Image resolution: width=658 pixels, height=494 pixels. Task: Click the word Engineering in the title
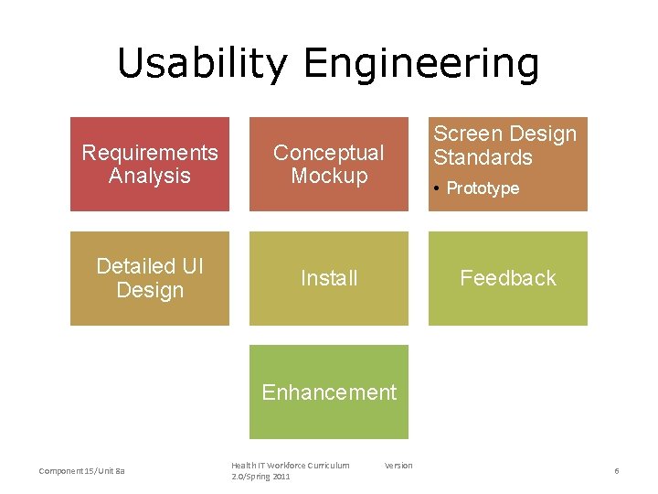[x=421, y=64]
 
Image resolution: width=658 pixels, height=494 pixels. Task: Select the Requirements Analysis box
[x=150, y=165]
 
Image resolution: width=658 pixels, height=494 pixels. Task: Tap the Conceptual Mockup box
[x=329, y=165]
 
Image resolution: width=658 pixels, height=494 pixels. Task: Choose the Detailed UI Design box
[x=150, y=278]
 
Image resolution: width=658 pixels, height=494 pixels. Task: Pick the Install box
[x=329, y=278]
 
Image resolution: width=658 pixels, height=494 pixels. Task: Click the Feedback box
[x=508, y=278]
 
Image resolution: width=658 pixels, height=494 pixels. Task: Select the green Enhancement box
[x=329, y=392]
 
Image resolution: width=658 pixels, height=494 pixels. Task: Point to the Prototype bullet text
[x=483, y=188]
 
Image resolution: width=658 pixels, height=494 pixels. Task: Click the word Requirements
[x=150, y=153]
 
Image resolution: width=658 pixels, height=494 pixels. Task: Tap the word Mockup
[x=329, y=176]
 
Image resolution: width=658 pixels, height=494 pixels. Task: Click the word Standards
[x=483, y=157]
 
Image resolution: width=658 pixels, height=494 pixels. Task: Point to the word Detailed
[x=136, y=266]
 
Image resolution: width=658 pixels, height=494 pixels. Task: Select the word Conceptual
[x=329, y=153]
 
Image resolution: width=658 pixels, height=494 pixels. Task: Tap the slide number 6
[x=617, y=470]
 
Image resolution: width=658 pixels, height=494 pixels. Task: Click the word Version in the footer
[x=398, y=466]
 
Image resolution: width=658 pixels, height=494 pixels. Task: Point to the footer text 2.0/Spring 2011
[x=260, y=477]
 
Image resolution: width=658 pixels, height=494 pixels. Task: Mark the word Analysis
[x=150, y=176]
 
